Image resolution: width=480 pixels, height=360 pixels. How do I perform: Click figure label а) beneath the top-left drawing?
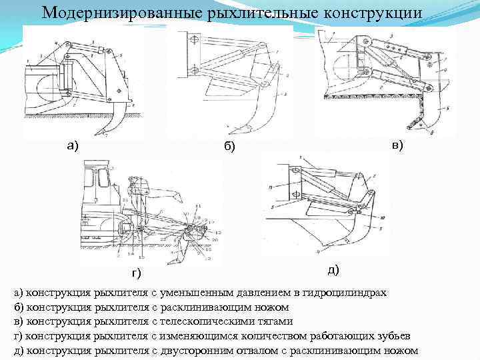click(x=71, y=146)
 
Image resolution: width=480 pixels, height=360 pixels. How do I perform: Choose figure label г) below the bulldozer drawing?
click(x=136, y=273)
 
